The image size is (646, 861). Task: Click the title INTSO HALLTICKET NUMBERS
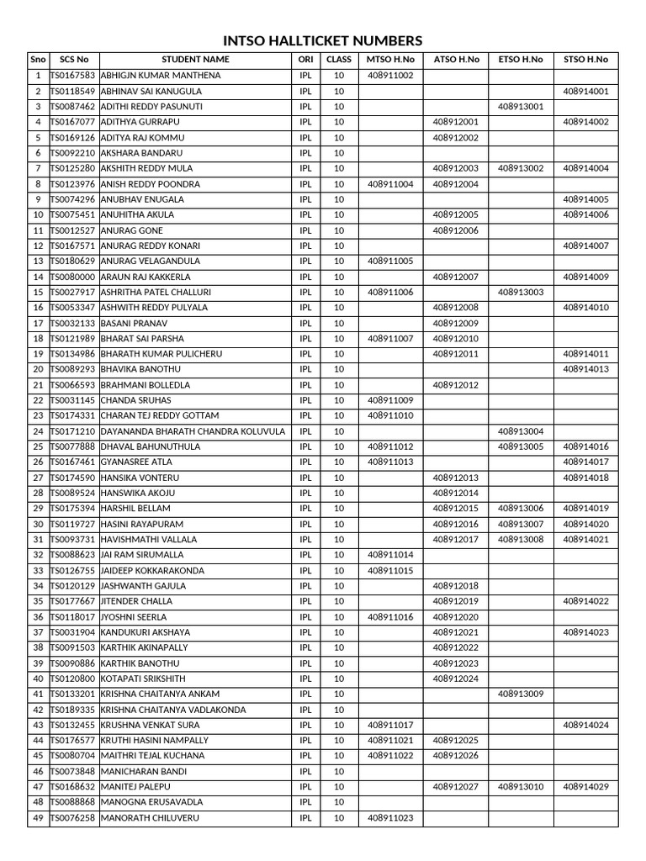pyautogui.click(x=322, y=41)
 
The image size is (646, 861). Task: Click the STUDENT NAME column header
pyautogui.click(x=195, y=60)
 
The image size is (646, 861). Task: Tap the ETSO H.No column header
pyautogui.click(x=521, y=60)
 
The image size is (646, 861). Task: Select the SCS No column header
pyautogui.click(x=74, y=60)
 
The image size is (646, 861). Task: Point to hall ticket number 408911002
pyautogui.click(x=390, y=76)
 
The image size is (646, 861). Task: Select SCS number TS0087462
pyautogui.click(x=74, y=107)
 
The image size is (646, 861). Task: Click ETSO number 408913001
pyautogui.click(x=521, y=107)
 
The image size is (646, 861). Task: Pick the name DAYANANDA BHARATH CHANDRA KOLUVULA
pyautogui.click(x=193, y=431)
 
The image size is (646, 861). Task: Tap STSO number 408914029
pyautogui.click(x=585, y=787)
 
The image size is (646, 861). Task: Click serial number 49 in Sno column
pyautogui.click(x=38, y=818)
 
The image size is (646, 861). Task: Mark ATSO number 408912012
pyautogui.click(x=455, y=385)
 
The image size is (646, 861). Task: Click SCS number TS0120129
pyautogui.click(x=74, y=586)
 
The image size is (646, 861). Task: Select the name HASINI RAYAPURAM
pyautogui.click(x=142, y=524)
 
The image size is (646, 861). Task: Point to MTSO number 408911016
pyautogui.click(x=390, y=617)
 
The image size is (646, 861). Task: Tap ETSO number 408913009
pyautogui.click(x=521, y=695)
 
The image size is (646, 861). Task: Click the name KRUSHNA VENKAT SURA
pyautogui.click(x=150, y=725)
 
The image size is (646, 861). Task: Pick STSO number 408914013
pyautogui.click(x=585, y=369)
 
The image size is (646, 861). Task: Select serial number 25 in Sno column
pyautogui.click(x=38, y=446)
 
